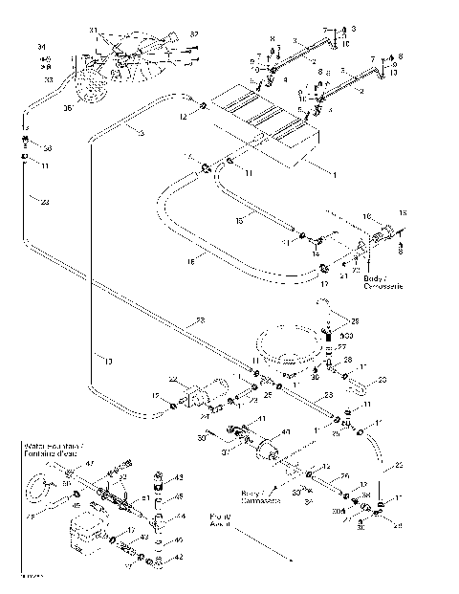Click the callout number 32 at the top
tap(194, 34)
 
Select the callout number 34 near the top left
tap(41, 47)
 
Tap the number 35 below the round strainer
tap(67, 108)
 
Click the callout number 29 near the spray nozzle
tap(356, 320)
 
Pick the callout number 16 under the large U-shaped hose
tap(190, 258)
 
